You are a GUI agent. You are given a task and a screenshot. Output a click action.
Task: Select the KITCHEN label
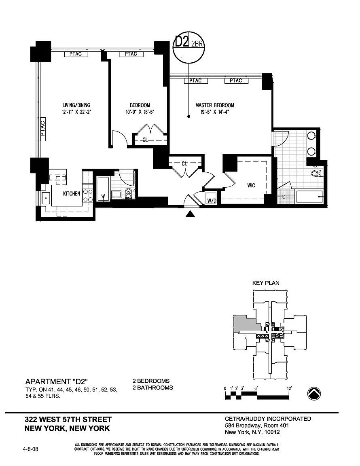pos(72,194)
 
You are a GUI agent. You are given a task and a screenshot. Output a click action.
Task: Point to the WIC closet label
pos(251,186)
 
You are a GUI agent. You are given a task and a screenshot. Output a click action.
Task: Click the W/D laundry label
pos(212,201)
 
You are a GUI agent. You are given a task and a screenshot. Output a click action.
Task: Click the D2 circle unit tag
pos(189,48)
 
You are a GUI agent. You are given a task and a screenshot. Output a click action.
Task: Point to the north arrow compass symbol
pos(314,393)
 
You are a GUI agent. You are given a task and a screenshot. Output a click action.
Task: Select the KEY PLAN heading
pos(266,283)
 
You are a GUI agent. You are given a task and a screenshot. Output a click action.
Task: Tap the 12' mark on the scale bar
pos(289,388)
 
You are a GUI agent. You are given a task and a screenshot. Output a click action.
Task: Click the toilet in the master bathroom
pos(316,174)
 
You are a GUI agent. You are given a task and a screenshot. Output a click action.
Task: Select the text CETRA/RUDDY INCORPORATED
pos(268,419)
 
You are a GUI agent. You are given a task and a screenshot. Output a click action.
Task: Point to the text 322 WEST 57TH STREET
pos(68,419)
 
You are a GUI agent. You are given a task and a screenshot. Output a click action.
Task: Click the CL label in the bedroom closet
pos(145,140)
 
